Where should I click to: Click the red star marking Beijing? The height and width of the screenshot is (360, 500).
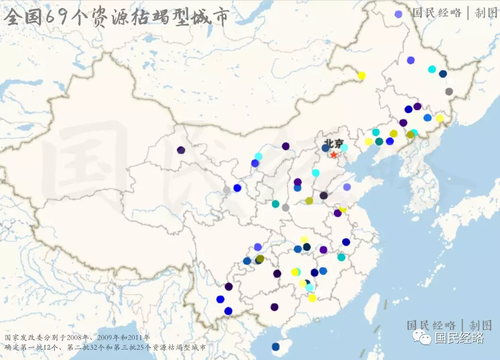(x=334, y=154)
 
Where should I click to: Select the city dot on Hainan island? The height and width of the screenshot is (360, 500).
(x=275, y=347)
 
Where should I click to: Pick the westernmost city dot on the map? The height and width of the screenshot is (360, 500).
(x=181, y=150)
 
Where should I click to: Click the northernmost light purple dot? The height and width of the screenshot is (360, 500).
(x=399, y=14)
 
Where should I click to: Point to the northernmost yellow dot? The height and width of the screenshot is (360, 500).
(x=362, y=75)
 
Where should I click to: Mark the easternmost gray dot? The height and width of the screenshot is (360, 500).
(x=449, y=92)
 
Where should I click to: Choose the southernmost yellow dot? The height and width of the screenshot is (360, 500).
(x=312, y=298)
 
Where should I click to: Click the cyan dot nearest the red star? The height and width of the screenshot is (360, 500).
(x=344, y=148)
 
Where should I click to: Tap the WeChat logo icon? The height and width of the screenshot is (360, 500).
(x=422, y=337)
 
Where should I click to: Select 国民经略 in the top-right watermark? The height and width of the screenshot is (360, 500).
(x=437, y=13)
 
